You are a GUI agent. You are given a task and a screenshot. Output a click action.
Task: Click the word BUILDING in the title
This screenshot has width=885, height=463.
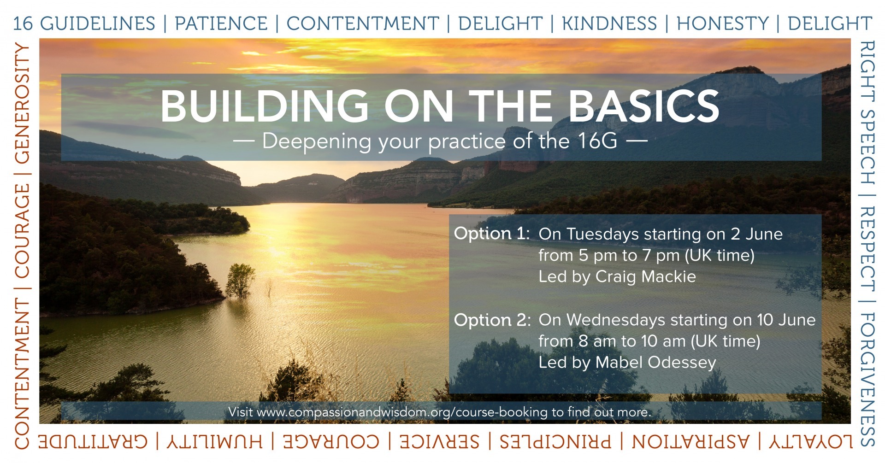coord(265,106)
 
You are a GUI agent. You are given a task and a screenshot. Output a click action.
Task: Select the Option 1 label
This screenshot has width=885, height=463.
coord(492,234)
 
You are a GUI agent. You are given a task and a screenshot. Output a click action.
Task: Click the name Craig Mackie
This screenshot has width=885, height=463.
coord(645,276)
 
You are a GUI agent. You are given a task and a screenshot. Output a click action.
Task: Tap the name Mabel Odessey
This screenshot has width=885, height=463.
coord(655,363)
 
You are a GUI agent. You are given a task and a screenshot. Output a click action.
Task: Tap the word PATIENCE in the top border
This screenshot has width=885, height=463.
coord(221,23)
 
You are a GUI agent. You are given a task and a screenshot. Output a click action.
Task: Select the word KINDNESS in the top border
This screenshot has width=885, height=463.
coord(609,23)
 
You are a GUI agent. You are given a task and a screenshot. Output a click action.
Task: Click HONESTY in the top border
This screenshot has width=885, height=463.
coord(723,23)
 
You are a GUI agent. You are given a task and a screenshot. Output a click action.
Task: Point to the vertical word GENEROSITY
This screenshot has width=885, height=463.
coord(22,103)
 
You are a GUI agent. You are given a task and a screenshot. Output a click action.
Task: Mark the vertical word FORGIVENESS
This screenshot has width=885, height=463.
coord(867,380)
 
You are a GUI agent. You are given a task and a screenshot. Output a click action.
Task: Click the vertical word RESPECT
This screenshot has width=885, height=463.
coord(867,248)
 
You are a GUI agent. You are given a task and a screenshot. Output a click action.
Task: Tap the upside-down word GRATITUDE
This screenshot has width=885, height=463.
coord(93,441)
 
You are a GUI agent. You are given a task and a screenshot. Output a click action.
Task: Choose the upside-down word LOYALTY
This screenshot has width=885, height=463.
coord(810,441)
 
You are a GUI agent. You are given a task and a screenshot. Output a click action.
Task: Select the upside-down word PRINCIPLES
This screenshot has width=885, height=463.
coord(555,441)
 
